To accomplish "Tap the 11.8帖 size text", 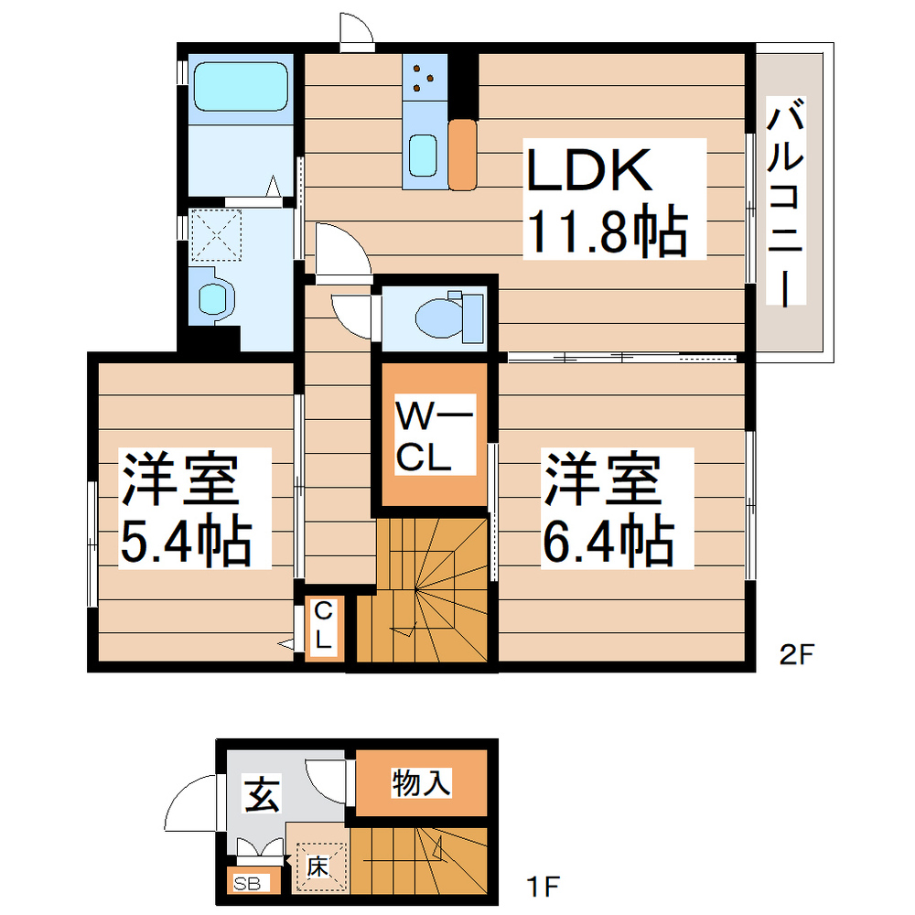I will pos(604,233).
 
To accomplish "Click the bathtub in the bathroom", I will pos(240,86).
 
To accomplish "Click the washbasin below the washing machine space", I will pos(216,298).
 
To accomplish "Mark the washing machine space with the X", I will pos(216,234).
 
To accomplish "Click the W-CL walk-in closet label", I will pos(434,438).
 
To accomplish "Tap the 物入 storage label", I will pos(421,783).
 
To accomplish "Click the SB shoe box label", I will pos(246,884).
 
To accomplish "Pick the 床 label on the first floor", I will pos(317,865).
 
